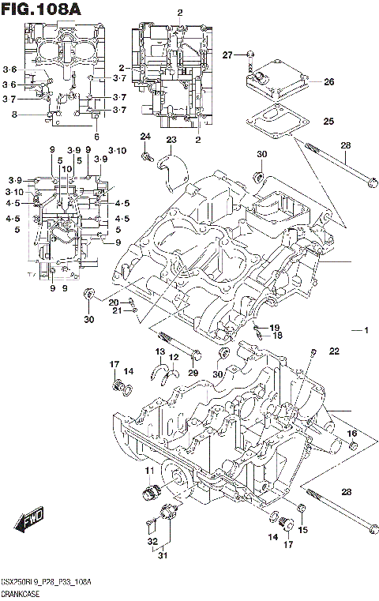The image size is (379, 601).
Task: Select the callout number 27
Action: (x=227, y=54)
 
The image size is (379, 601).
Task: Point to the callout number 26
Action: (x=328, y=81)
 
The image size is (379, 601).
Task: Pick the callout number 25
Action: (x=328, y=122)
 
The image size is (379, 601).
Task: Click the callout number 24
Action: (x=144, y=137)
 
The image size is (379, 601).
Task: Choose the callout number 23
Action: (x=171, y=140)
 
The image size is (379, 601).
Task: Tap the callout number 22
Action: (x=334, y=351)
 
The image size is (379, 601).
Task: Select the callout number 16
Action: (x=352, y=434)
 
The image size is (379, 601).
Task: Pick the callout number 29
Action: (x=192, y=371)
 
